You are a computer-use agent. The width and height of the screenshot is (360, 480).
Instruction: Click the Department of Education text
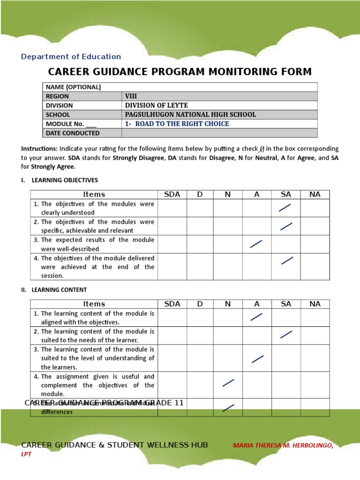(71, 57)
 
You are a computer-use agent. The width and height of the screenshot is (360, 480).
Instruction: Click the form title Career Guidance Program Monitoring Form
(180, 72)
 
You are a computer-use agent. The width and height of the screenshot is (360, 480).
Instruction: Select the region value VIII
(131, 96)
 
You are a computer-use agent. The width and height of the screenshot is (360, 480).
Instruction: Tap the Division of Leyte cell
(156, 105)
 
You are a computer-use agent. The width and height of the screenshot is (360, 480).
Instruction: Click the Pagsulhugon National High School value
(190, 114)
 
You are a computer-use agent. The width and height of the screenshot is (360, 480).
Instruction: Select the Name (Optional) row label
(73, 87)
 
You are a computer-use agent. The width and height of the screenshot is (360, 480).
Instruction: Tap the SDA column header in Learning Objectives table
(172, 195)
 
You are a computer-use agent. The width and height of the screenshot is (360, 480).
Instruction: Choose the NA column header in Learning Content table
(315, 304)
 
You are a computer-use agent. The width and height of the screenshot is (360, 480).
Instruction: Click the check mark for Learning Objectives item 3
(256, 244)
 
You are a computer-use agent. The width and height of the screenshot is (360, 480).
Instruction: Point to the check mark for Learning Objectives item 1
(285, 208)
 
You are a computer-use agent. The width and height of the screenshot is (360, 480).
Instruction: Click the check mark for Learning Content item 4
(228, 383)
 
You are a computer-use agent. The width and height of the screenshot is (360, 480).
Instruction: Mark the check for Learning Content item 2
(286, 334)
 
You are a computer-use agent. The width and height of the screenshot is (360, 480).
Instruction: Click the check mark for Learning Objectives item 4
(287, 261)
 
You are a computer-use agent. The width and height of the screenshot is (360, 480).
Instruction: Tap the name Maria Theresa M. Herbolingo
(283, 446)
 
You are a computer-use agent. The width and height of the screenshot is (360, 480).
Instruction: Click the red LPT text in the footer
(26, 454)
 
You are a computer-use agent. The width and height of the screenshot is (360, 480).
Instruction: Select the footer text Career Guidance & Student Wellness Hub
(115, 445)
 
